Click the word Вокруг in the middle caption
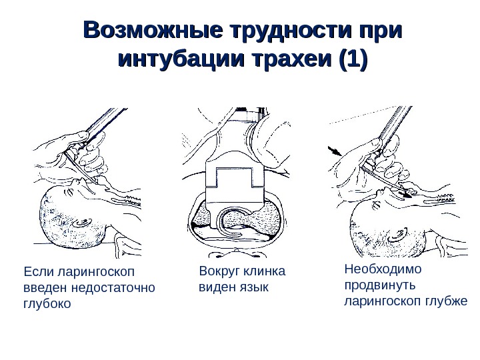pyautogui.click(x=219, y=273)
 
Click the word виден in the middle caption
pyautogui.click(x=216, y=287)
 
